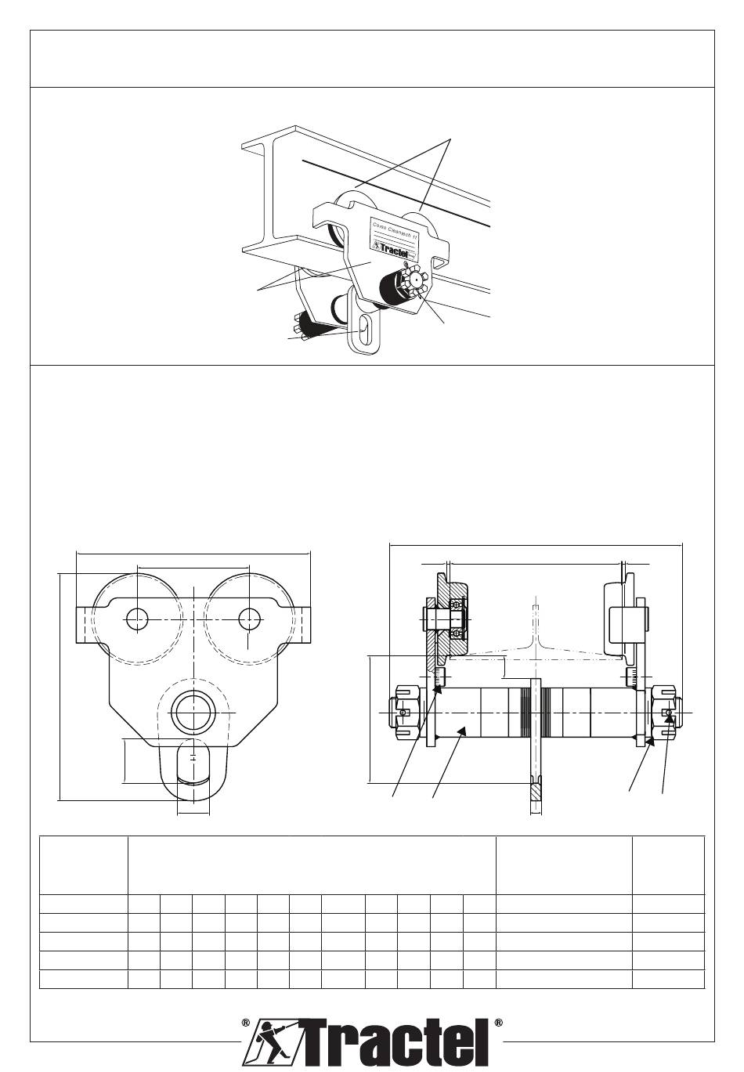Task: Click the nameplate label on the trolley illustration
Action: [395, 234]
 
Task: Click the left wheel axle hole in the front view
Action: [137, 619]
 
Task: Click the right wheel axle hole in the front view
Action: [249, 619]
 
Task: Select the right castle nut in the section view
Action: [665, 713]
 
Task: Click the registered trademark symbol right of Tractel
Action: [498, 1023]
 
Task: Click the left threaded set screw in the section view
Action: [439, 676]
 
